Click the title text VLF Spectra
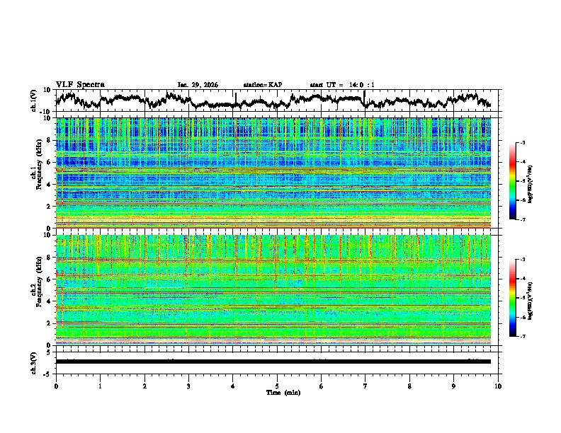tap(80, 84)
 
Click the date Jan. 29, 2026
tap(198, 85)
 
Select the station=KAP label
tap(262, 85)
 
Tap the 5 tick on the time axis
tap(277, 386)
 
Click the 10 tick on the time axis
tap(499, 386)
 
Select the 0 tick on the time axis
tap(56, 386)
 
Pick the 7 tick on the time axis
tap(365, 386)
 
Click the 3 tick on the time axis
tap(188, 386)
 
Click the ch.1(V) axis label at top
tap(34, 100)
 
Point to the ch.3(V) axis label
tap(34, 362)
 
